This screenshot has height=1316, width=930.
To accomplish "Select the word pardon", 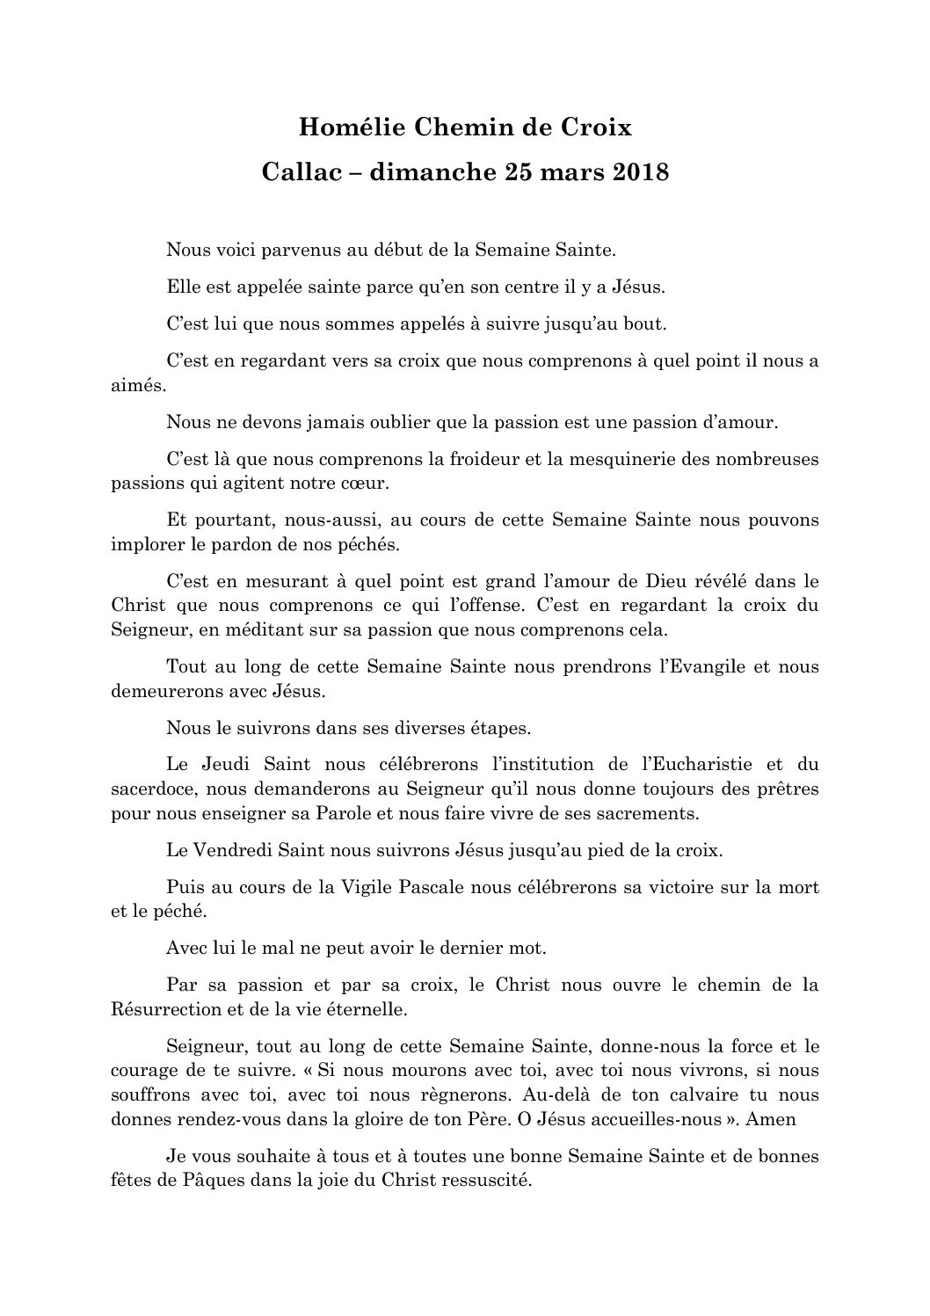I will (224, 544).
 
